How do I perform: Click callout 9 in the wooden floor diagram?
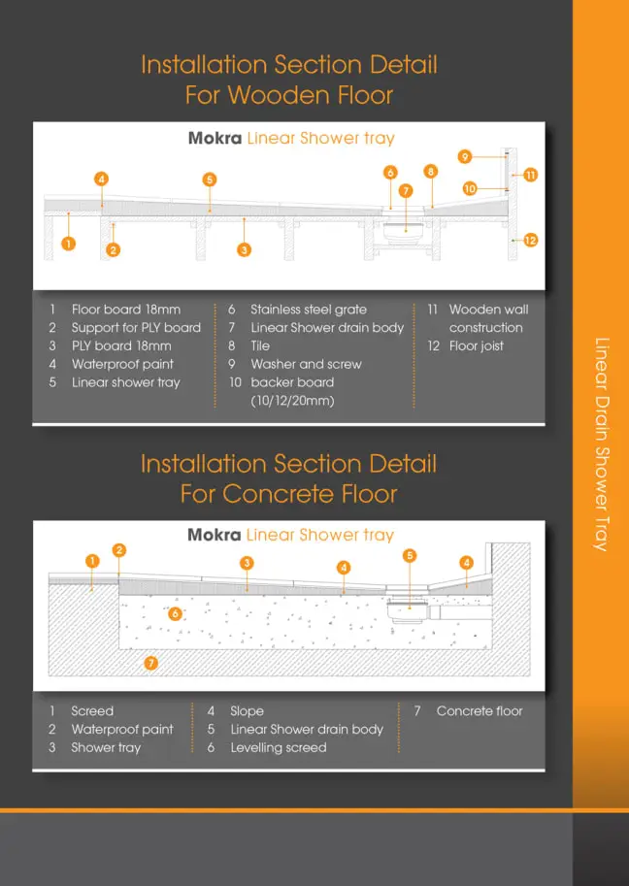click(x=465, y=156)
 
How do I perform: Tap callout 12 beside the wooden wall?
click(x=530, y=241)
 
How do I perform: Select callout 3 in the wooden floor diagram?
click(x=245, y=249)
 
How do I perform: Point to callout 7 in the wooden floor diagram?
click(x=405, y=191)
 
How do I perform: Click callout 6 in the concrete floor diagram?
click(x=175, y=613)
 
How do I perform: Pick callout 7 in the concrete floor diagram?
click(x=150, y=663)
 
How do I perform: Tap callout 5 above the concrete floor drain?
click(x=410, y=556)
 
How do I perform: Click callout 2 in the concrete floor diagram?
click(x=118, y=550)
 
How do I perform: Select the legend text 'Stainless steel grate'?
click(x=309, y=310)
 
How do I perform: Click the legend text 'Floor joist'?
click(x=477, y=345)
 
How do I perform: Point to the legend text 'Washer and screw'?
click(x=307, y=365)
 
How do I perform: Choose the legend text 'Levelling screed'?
click(x=279, y=747)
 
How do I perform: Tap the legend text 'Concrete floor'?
click(x=480, y=710)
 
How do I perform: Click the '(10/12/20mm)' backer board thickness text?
click(x=293, y=401)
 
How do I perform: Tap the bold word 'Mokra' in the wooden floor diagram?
click(x=215, y=139)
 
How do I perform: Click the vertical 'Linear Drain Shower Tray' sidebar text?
click(x=602, y=444)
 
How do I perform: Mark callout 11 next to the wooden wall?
click(x=530, y=176)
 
